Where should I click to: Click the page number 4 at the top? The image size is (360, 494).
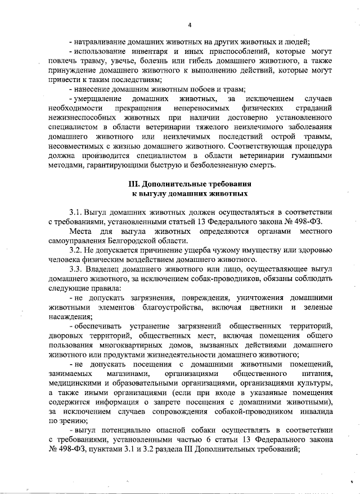[x=190, y=25]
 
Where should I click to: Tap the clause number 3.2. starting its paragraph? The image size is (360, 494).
[x=76, y=248]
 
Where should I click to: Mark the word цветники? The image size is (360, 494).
[x=263, y=307]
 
